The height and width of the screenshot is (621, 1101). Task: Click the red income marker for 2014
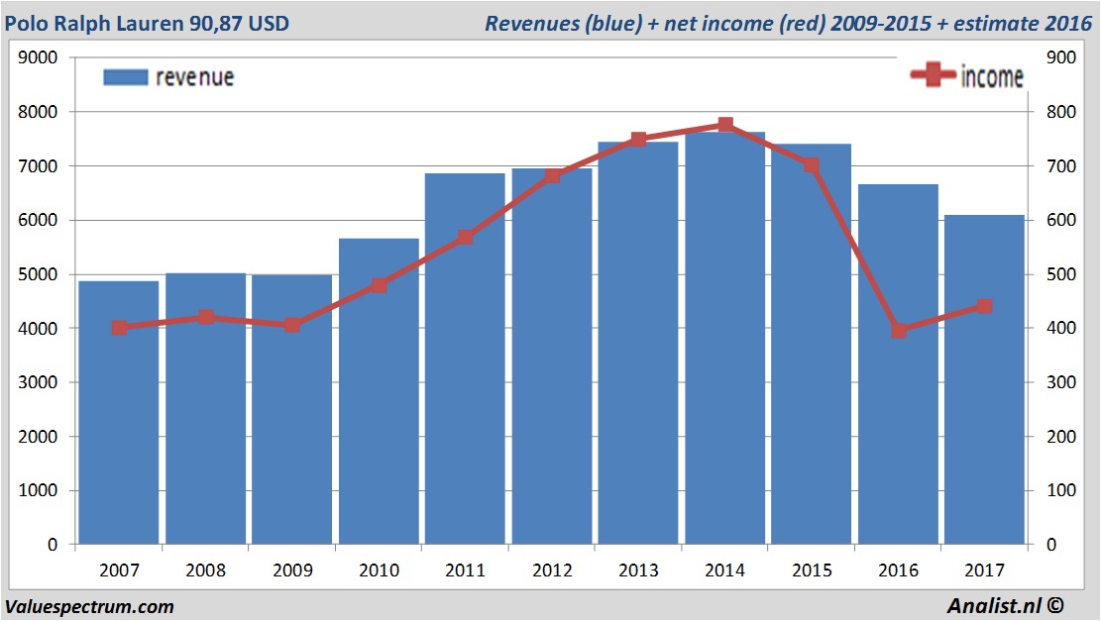tap(725, 125)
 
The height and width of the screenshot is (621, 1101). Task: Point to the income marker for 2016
tap(899, 330)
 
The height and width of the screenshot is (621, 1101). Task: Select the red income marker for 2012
tap(553, 176)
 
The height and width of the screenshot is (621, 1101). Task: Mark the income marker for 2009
tap(292, 325)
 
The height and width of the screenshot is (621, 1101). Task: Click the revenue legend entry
tap(168, 77)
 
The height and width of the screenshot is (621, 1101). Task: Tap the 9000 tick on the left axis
tap(39, 57)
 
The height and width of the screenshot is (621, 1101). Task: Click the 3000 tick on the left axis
tap(39, 382)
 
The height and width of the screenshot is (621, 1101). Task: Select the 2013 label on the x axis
tap(638, 570)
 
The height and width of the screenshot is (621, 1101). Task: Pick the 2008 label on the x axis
tap(206, 570)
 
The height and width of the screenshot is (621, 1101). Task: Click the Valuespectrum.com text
tap(89, 606)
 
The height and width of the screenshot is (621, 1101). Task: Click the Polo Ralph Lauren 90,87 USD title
tap(148, 22)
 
